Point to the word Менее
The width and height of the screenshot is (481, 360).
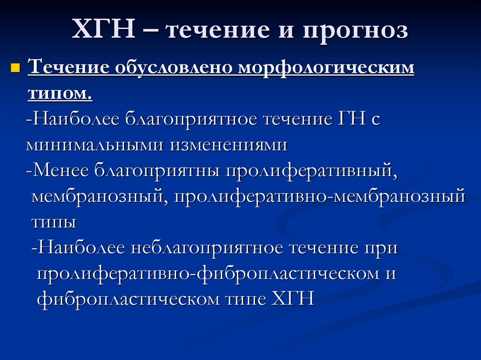61,169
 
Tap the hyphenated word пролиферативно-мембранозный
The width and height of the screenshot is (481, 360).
319,196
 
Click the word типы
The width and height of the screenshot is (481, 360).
54,222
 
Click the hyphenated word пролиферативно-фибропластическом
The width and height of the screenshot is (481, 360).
207,273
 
